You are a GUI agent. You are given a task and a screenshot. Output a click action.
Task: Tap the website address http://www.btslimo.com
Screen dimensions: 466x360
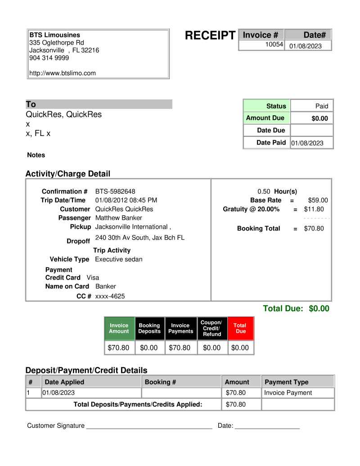click(x=63, y=73)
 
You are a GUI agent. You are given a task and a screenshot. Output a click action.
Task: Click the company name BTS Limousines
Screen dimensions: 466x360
click(x=55, y=35)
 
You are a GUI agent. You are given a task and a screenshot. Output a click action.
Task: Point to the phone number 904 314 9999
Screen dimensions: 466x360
click(x=49, y=58)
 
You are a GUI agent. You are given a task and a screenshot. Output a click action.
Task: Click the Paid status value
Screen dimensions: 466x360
click(x=321, y=106)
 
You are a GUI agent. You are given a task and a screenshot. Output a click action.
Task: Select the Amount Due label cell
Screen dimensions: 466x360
click(x=265, y=118)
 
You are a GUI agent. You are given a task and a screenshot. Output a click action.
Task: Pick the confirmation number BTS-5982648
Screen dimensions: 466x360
click(x=115, y=191)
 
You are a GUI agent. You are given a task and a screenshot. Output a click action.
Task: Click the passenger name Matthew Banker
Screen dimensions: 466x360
click(x=119, y=218)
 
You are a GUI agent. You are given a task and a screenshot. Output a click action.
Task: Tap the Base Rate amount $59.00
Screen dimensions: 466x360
click(x=318, y=200)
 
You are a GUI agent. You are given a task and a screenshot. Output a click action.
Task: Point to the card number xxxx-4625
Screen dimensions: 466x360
click(x=110, y=296)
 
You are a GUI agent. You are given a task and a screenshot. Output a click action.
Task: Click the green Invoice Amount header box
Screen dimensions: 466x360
click(x=119, y=328)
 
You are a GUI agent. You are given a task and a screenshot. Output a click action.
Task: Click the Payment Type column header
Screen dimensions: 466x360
click(x=286, y=382)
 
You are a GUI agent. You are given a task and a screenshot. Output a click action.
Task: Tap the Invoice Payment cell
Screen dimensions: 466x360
click(x=288, y=393)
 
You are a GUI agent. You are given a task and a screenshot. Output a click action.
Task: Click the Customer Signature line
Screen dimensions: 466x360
click(x=149, y=425)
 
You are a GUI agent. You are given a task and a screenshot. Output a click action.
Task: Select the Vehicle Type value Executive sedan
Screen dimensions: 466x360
click(x=119, y=259)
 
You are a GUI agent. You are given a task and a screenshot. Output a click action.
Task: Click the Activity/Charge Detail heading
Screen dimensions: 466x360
click(x=67, y=173)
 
